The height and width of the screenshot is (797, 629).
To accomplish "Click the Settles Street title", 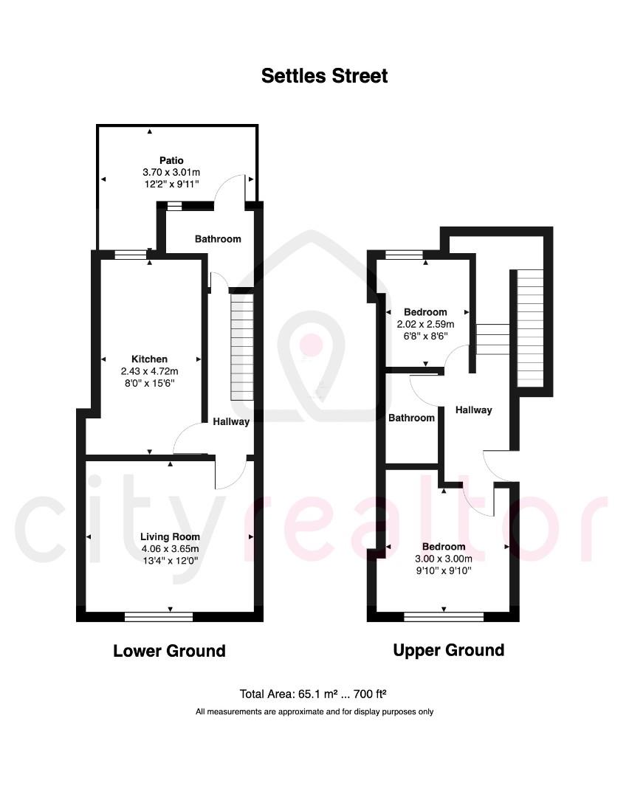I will [x=324, y=75].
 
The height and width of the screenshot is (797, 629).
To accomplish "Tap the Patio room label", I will [x=171, y=160].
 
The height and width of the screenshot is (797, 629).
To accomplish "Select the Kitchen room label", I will [x=150, y=359].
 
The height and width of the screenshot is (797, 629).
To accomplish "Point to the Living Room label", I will [x=171, y=536].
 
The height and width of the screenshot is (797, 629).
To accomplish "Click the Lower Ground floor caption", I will [x=169, y=651].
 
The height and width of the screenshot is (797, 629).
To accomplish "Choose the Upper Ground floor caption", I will [x=448, y=650].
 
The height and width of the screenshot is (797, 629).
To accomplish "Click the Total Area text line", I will [x=314, y=694].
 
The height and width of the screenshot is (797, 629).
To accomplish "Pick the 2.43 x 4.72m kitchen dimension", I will [x=150, y=371].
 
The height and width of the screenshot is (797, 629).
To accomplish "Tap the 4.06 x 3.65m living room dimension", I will [x=171, y=548].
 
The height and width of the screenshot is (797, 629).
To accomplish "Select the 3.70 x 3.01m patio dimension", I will [x=171, y=172].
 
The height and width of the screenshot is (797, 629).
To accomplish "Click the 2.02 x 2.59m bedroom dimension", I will [x=426, y=324].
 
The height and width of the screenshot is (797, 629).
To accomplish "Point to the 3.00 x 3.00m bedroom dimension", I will [x=444, y=559].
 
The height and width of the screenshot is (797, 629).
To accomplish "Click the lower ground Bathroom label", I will [x=218, y=239].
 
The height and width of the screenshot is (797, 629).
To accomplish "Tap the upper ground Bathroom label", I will [x=412, y=418].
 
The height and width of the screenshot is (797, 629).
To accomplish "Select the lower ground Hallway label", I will [x=231, y=422].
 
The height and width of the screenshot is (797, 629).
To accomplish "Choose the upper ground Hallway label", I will [x=473, y=410].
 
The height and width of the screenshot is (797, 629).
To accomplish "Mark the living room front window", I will [x=159, y=615].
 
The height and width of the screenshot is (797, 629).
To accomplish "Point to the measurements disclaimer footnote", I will [x=314, y=712].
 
